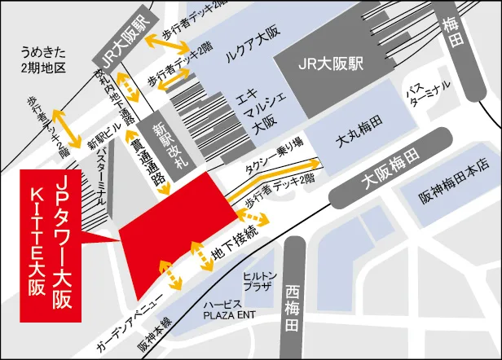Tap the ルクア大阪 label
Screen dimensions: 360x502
pos(252,57)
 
